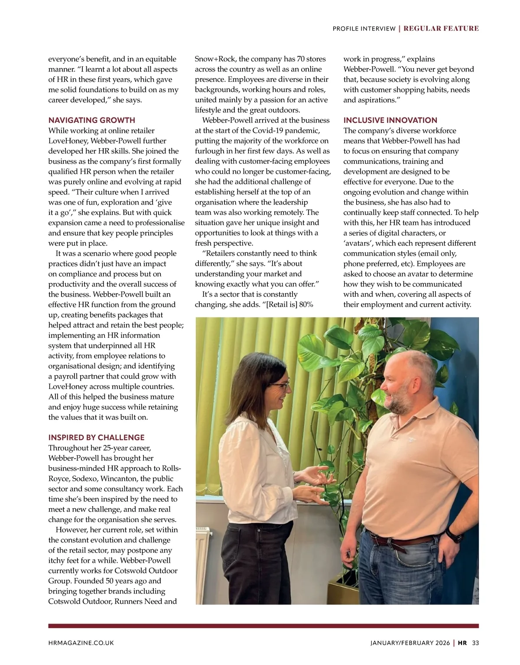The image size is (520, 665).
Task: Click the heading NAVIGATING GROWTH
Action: (91, 120)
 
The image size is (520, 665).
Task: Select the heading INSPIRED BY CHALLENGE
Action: (96, 438)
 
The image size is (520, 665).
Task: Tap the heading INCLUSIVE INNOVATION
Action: (390, 120)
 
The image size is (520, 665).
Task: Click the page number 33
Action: (475, 643)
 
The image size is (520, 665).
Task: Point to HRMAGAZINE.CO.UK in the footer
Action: (81, 643)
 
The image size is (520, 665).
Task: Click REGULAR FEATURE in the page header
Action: (441, 29)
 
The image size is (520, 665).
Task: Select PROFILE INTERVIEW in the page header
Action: (364, 29)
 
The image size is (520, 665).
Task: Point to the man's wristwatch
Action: (454, 535)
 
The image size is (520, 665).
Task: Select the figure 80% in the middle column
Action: (305, 305)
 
